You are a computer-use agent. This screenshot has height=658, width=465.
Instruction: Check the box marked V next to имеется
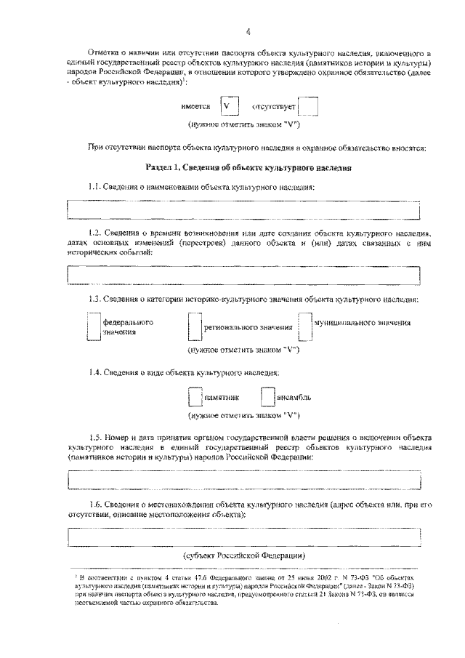(x=229, y=106)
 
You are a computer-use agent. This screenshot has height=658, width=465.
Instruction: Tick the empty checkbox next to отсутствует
(x=308, y=107)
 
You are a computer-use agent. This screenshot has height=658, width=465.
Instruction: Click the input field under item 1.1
(x=243, y=209)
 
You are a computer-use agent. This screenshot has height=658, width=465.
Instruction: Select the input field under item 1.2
(x=243, y=276)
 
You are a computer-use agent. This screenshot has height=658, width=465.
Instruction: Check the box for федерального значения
(x=93, y=326)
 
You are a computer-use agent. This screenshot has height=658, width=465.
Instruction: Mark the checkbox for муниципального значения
(x=305, y=326)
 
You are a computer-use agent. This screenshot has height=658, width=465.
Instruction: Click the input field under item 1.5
(x=243, y=481)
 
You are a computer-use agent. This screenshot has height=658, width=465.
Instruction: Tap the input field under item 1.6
(x=243, y=536)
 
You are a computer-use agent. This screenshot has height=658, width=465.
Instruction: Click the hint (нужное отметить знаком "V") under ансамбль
(x=243, y=415)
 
